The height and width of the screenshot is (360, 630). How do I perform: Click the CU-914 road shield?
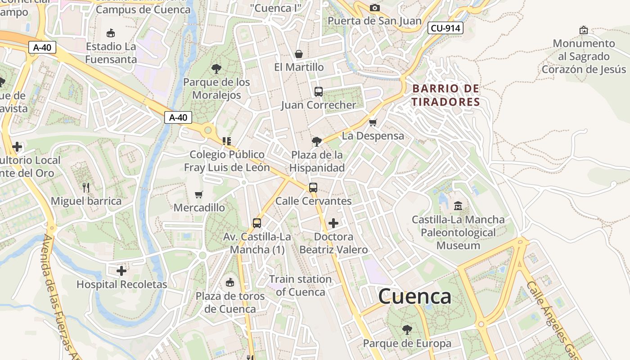coord(445,28)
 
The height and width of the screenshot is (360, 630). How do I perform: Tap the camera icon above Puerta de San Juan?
coord(374,8)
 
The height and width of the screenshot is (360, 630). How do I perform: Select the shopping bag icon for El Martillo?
coord(298,54)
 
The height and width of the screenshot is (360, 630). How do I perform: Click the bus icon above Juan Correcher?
coord(319,92)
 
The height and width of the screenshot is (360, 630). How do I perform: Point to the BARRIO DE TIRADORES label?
coord(446,95)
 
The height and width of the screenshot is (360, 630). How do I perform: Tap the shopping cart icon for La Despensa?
coord(373,122)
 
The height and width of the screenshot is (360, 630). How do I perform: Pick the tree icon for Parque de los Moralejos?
coord(216,69)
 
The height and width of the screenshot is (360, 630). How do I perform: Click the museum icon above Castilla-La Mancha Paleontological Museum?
coord(458,206)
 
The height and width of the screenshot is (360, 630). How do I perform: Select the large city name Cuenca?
coord(414,297)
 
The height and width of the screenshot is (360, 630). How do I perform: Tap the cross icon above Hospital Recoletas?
coord(121,271)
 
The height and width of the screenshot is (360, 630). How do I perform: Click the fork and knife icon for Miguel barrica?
coord(86,187)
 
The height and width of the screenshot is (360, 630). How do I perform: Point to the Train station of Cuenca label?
coord(300,285)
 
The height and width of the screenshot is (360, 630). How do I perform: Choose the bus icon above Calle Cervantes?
coord(313,188)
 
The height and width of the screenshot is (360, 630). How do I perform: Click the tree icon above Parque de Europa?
coord(407,330)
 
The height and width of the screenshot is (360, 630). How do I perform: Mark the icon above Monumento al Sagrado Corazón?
coord(584,30)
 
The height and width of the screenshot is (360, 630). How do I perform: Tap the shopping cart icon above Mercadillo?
coord(199,194)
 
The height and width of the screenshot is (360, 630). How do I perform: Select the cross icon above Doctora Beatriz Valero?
coord(333,223)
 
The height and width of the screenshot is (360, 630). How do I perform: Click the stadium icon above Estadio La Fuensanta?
coord(111,33)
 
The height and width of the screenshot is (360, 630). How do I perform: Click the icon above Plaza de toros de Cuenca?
coord(230,283)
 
